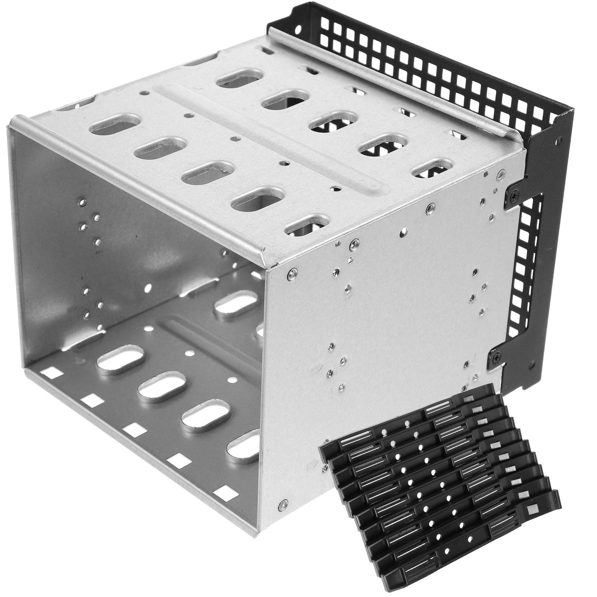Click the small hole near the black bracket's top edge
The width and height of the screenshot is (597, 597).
pyautogui.click(x=559, y=140)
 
